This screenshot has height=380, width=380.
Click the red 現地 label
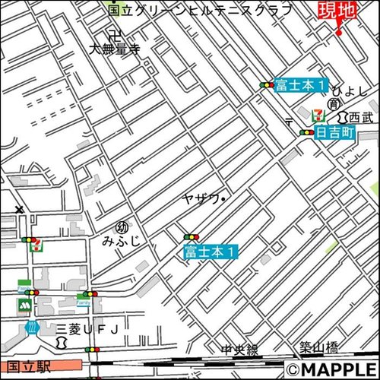(x=337, y=11)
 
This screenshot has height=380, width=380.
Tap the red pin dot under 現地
(x=338, y=33)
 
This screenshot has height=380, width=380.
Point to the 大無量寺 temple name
(x=113, y=50)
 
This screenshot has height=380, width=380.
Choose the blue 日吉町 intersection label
(x=335, y=132)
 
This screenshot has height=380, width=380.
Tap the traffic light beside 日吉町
(x=306, y=132)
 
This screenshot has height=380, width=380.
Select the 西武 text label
(x=361, y=117)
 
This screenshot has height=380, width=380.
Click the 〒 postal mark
(x=289, y=121)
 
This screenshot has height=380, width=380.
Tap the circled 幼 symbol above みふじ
(x=120, y=227)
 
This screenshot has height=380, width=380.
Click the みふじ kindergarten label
(x=120, y=242)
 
